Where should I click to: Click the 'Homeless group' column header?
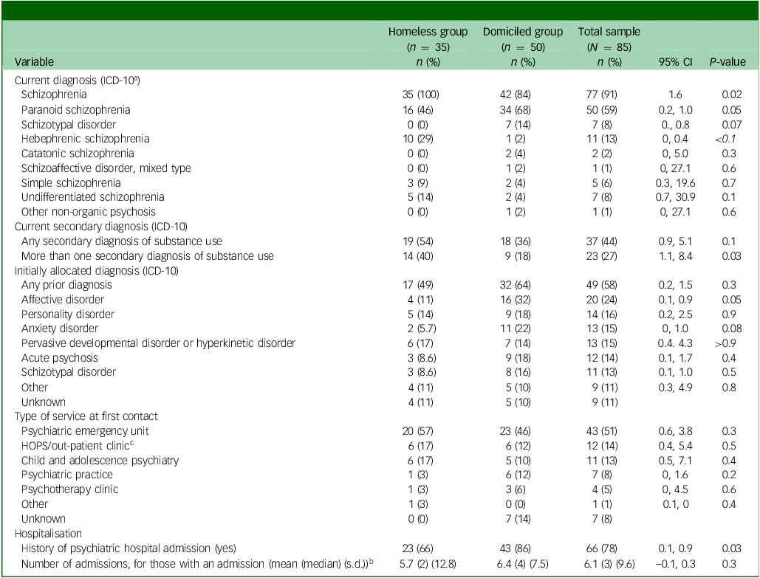pyautogui.click(x=428, y=32)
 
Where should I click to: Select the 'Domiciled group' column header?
pyautogui.click(x=522, y=32)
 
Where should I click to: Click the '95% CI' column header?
pyautogui.click(x=668, y=61)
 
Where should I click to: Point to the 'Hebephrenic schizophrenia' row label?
pyautogui.click(x=86, y=139)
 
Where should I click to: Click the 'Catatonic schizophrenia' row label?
pyautogui.click(x=78, y=154)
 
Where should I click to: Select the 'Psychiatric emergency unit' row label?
pyautogui.click(x=83, y=431)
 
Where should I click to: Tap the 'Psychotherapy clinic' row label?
pyautogui.click(x=69, y=489)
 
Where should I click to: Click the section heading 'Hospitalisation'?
pyautogui.click(x=44, y=534)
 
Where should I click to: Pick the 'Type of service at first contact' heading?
pyautogui.click(x=82, y=416)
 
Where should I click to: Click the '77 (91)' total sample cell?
pyautogui.click(x=599, y=95)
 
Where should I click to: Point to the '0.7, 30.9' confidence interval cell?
pyautogui.click(x=668, y=197)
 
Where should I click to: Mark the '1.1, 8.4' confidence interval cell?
pyautogui.click(x=668, y=255)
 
